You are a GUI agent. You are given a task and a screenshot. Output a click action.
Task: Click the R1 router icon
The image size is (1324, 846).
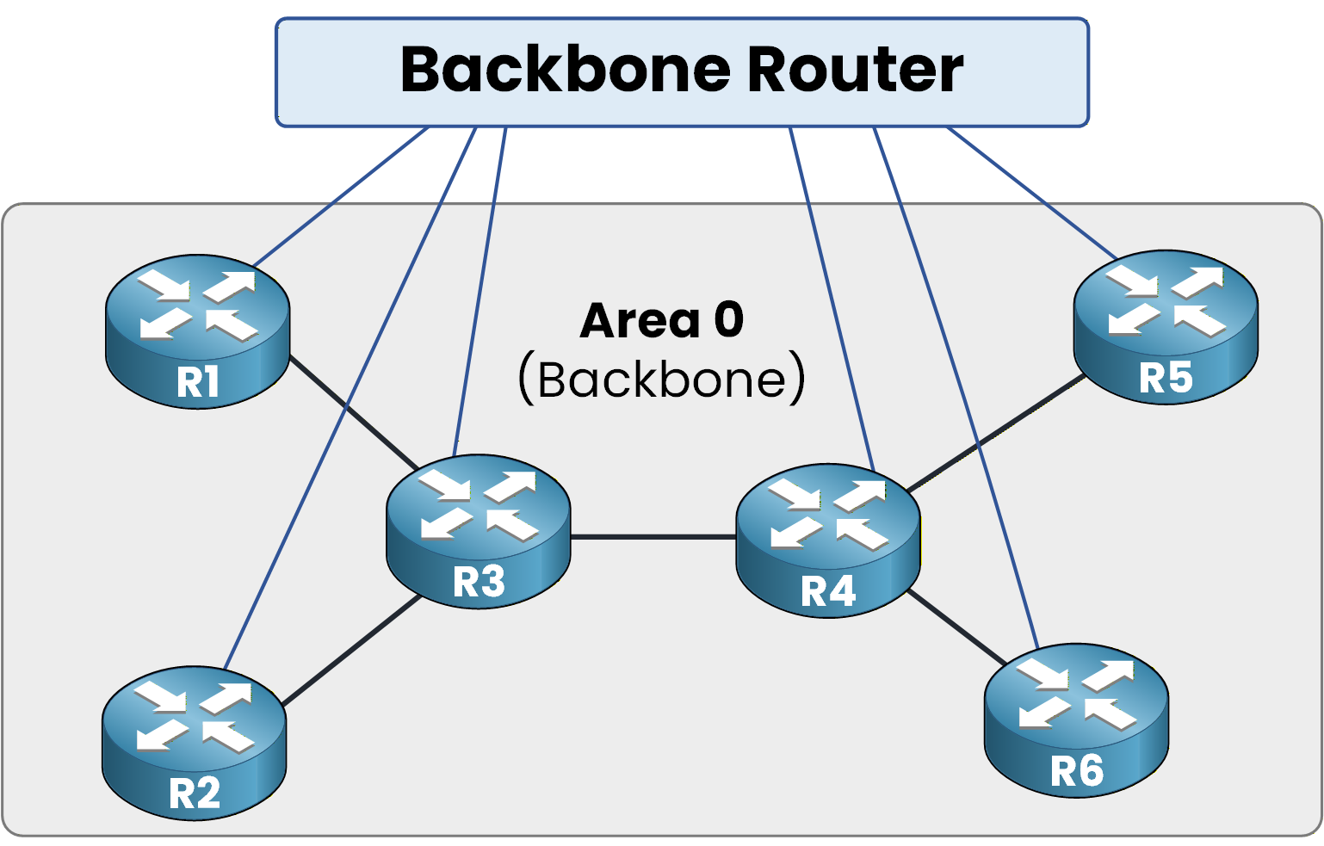197,331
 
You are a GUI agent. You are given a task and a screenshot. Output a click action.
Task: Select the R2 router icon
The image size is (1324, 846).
194,742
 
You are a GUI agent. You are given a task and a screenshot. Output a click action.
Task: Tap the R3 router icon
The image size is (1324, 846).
478,531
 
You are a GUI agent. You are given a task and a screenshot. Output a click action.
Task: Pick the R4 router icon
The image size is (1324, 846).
828,540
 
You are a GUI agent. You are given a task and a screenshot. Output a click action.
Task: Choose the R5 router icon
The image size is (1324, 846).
1166,327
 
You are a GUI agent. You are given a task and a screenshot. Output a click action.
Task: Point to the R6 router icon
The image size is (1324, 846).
1076,719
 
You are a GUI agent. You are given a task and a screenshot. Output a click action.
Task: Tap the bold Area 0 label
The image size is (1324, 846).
661,320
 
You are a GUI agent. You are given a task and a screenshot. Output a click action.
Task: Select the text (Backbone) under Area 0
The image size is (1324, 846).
661,379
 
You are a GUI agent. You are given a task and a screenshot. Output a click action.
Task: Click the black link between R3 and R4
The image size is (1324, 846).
653,537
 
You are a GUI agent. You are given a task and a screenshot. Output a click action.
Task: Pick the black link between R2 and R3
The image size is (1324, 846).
353,651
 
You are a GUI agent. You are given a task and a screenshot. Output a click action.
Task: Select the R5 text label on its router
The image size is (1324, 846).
1166,378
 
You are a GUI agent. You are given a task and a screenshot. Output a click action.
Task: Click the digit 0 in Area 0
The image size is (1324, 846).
728,320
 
